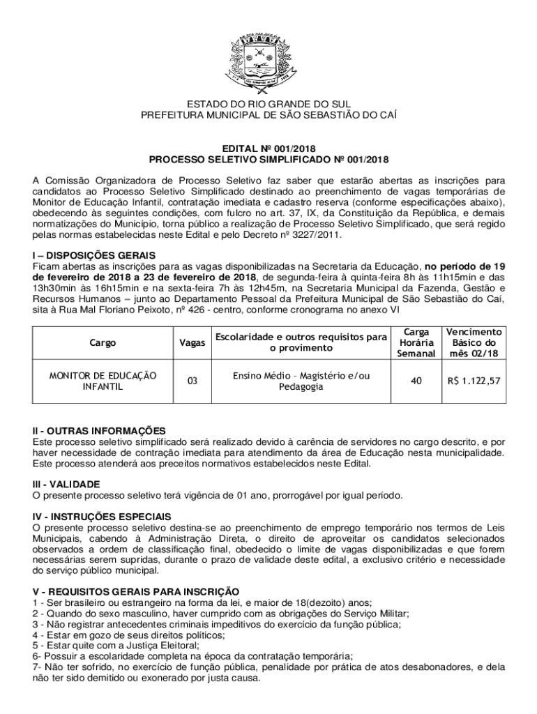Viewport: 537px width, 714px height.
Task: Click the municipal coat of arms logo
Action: tap(268, 57)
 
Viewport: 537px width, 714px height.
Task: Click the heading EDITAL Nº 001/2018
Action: tap(268, 149)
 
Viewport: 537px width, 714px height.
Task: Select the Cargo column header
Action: tap(103, 343)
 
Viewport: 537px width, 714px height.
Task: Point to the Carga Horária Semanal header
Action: tap(416, 342)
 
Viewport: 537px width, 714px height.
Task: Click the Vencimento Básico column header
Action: tap(474, 342)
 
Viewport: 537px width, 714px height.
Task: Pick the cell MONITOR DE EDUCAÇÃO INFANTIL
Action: tap(103, 381)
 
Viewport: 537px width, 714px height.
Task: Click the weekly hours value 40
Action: tap(416, 381)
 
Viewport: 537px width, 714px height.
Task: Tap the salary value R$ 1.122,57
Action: tap(474, 381)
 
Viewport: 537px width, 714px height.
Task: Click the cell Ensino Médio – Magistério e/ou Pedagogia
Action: tap(301, 381)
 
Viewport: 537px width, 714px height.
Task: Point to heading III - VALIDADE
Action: tap(67, 484)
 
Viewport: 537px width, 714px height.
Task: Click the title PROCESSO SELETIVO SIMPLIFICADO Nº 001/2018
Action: tap(268, 160)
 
